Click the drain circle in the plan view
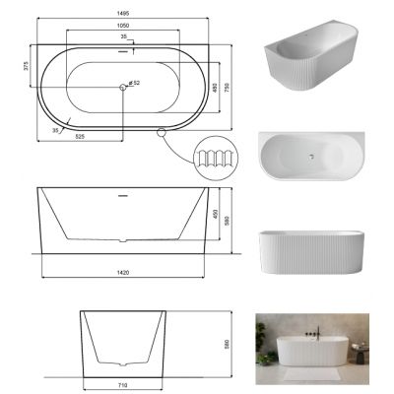click(122, 89)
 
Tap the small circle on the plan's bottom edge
click(161, 130)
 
